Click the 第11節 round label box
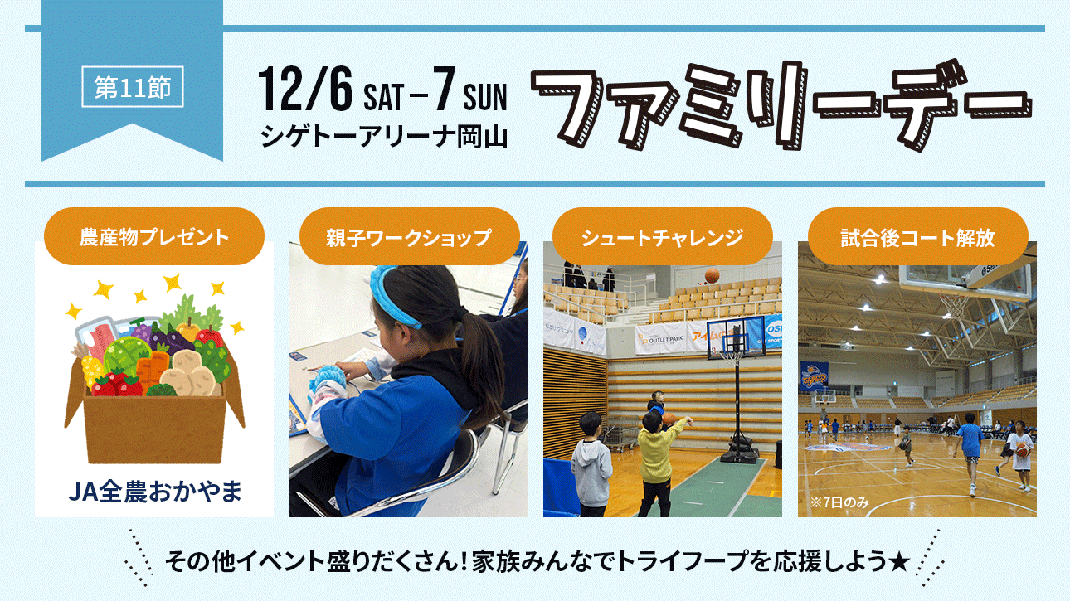133,87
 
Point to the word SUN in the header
484,97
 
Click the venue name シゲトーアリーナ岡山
384,137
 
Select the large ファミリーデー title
781,105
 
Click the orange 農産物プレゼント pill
153,236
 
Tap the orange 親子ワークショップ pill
409,236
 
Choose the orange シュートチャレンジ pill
662,236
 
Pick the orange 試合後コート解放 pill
917,236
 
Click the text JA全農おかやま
155,492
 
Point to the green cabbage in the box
125,356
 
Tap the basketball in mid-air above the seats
712,275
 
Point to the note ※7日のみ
839,502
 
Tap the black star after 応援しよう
899,561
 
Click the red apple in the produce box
210,337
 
